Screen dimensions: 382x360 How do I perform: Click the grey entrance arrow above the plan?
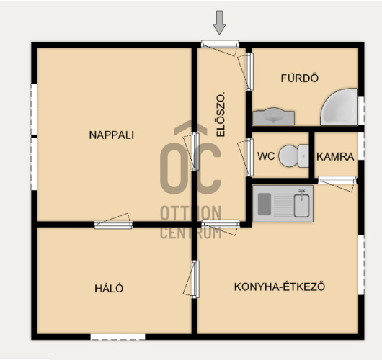point(219,22)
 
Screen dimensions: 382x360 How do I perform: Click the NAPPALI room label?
point(112,135)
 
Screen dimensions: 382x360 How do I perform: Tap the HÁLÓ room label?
point(109,288)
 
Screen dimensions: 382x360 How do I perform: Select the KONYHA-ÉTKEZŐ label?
point(280,287)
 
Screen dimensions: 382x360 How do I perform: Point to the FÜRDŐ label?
point(300,78)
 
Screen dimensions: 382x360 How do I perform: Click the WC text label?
point(266,156)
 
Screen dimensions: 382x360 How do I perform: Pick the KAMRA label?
point(335,156)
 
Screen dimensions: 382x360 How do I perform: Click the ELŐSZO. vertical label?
point(221,114)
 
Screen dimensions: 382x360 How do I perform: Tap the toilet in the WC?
point(293,156)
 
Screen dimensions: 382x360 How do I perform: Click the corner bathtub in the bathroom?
point(339,107)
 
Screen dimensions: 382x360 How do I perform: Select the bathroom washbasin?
point(273,117)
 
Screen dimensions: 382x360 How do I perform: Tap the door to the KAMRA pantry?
point(337,181)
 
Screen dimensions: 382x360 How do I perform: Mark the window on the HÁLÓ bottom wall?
point(118,337)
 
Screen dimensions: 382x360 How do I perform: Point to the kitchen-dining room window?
point(361,265)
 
